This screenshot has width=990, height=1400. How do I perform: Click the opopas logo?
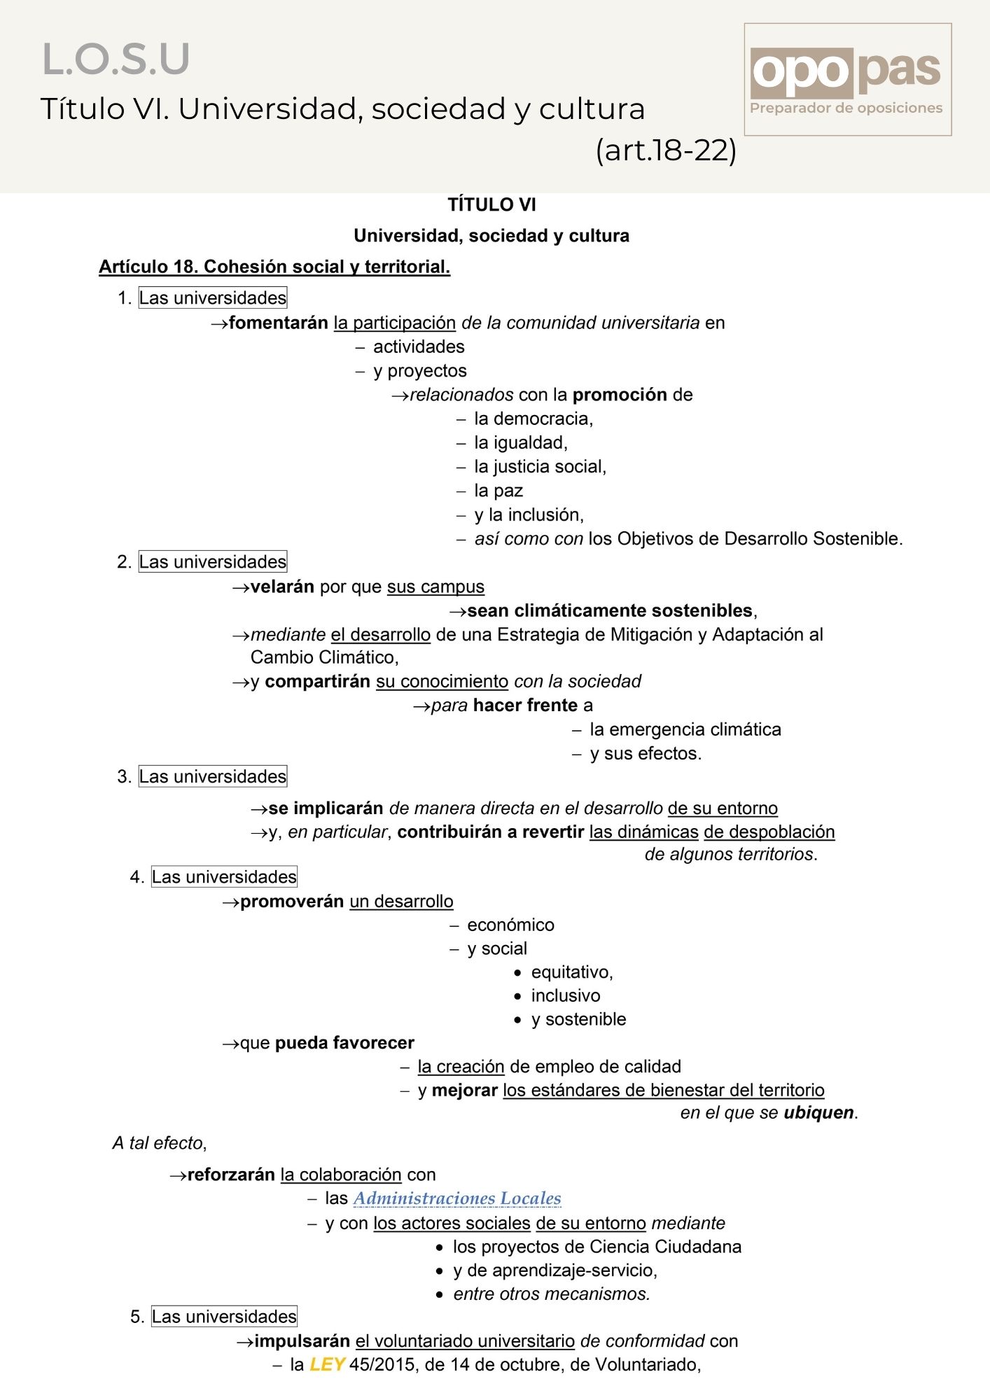[846, 78]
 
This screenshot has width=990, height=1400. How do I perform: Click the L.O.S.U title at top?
[116, 59]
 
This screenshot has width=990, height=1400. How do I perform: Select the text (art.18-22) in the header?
[665, 150]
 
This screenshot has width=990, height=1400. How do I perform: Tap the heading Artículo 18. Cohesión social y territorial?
[274, 267]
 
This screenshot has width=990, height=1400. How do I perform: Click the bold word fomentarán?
[278, 323]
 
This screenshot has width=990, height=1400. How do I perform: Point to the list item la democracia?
[533, 419]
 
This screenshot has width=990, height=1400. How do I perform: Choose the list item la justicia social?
[540, 467]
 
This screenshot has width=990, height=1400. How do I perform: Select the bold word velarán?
[282, 587]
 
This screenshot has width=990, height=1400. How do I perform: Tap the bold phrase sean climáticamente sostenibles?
[610, 610]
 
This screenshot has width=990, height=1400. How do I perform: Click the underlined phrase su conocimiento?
[442, 681]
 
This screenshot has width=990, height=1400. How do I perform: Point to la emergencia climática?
[685, 729]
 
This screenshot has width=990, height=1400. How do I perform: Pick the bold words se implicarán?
[326, 808]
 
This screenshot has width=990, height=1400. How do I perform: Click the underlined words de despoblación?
[769, 832]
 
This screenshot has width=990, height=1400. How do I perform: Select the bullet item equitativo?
[571, 972]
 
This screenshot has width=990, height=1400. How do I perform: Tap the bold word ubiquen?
[818, 1112]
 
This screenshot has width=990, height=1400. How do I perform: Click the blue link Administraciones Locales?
[457, 1198]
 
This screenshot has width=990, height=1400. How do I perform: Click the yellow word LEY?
[327, 1364]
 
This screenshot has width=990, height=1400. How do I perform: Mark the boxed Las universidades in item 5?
[224, 1317]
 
